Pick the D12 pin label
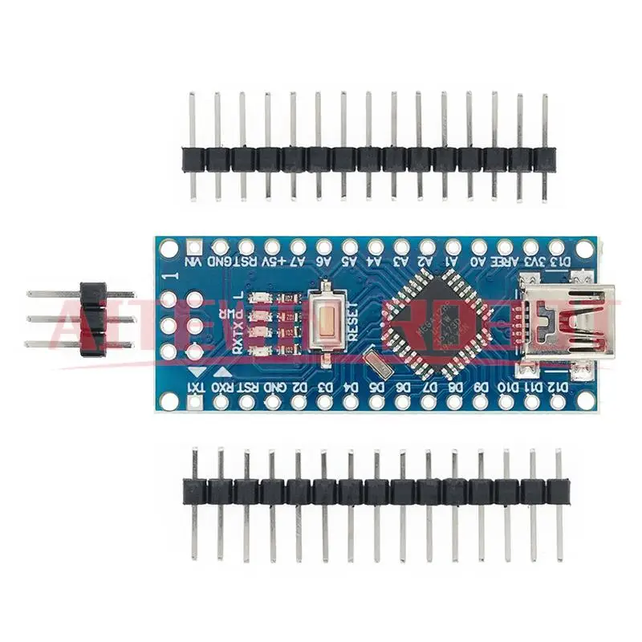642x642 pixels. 559,388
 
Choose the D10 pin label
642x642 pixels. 507,388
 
